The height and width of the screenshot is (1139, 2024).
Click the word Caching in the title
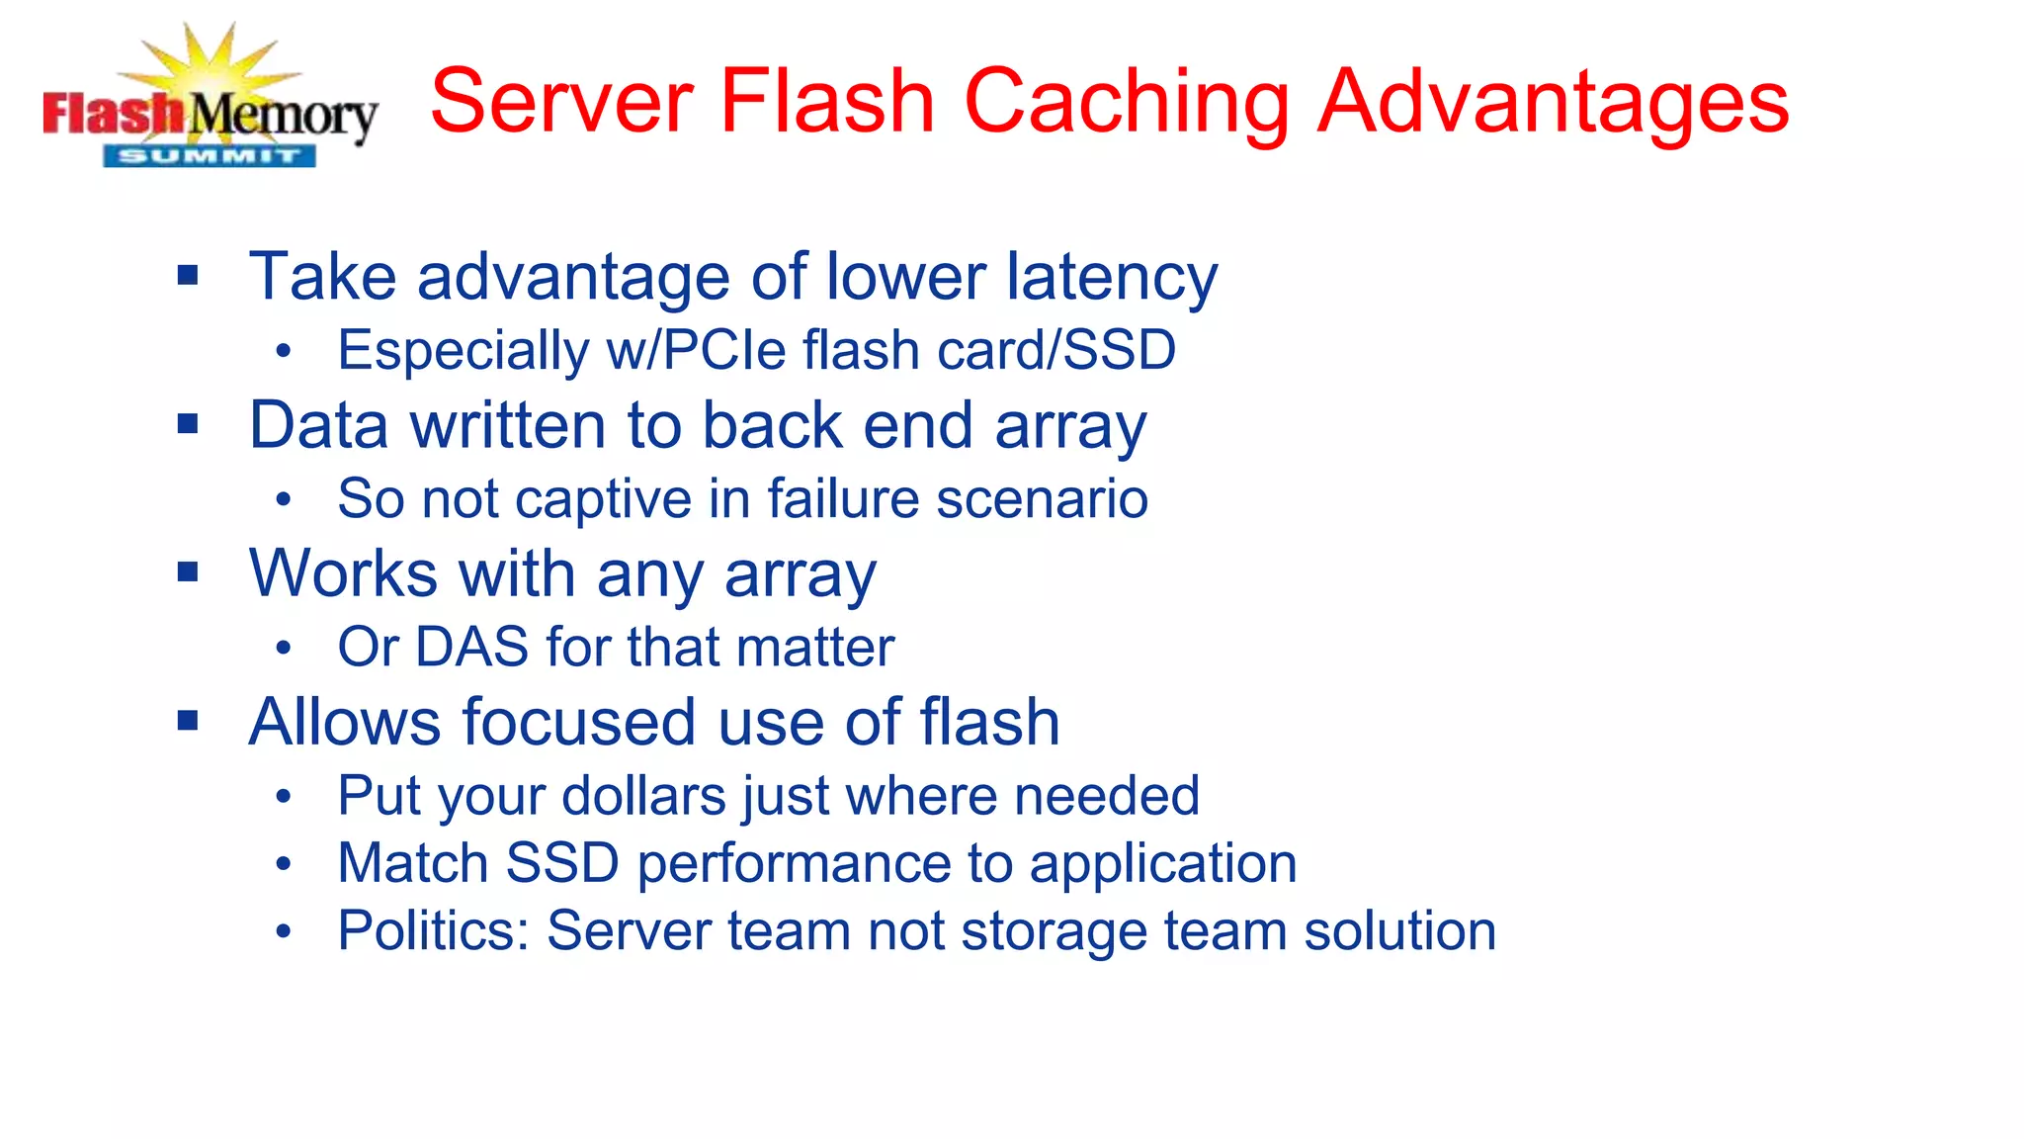click(x=1127, y=101)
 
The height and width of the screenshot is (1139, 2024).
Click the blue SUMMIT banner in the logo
click(x=210, y=156)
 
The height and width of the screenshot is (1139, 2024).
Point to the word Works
click(x=343, y=573)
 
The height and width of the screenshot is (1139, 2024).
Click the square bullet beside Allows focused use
click(x=188, y=721)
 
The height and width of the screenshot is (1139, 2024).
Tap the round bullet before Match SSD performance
click(x=284, y=864)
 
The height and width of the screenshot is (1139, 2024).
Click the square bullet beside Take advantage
click(x=188, y=275)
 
